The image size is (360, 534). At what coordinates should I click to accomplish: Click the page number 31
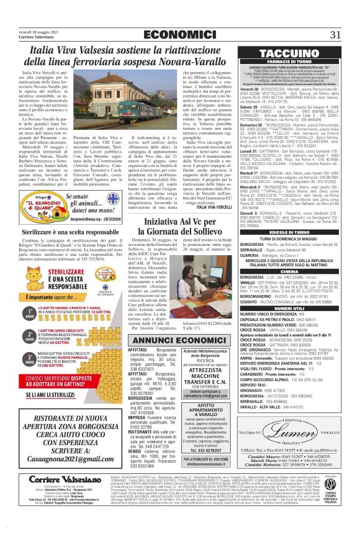(x=336, y=34)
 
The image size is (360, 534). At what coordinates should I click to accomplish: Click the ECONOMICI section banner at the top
(x=180, y=34)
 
